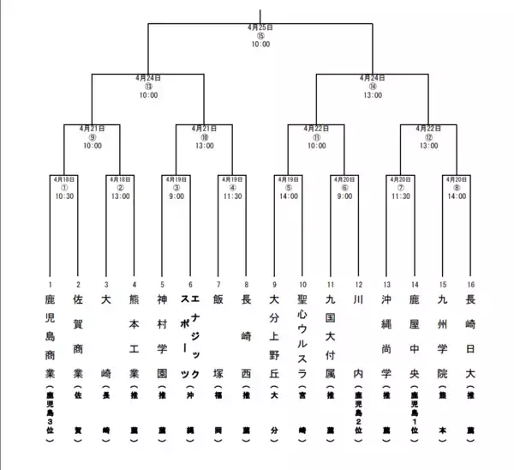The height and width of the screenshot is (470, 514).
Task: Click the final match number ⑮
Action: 260,35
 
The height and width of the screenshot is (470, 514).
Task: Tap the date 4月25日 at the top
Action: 260,27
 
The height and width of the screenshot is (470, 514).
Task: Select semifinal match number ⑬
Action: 148,86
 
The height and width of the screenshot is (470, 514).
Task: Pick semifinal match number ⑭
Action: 373,86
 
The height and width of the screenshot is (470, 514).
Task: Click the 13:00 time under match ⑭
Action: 373,95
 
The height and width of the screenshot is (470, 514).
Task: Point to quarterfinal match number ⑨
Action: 92,137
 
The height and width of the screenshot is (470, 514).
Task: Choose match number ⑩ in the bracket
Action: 204,137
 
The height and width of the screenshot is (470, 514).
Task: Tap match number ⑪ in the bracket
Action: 317,137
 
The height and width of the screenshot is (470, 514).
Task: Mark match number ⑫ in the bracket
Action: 429,137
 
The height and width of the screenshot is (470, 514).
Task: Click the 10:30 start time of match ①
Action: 64,196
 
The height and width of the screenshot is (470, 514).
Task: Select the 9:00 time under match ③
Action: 176,196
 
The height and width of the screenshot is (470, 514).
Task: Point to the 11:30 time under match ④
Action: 232,196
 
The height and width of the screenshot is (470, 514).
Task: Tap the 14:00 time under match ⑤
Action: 289,196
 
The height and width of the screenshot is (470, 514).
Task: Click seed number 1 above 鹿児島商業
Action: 50,284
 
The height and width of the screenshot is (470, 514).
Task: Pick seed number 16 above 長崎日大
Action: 470,284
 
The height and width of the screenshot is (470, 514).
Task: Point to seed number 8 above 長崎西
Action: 247,284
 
